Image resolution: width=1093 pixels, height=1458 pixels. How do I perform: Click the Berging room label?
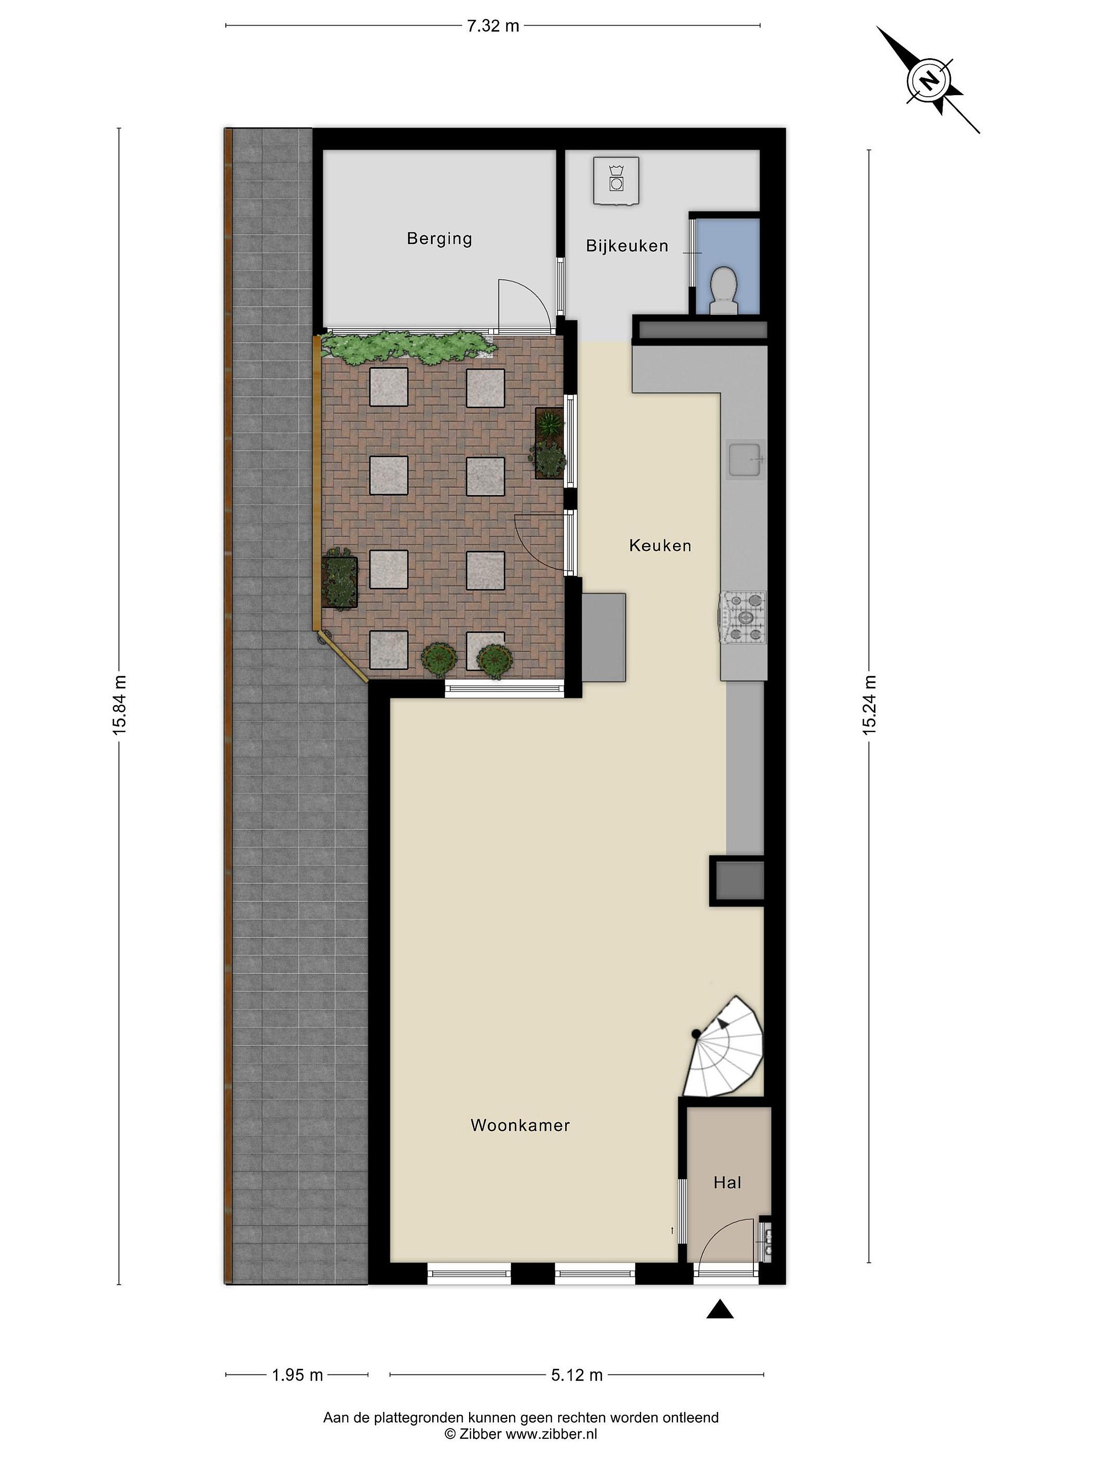click(x=439, y=238)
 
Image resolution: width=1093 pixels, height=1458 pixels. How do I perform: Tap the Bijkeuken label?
click(x=627, y=246)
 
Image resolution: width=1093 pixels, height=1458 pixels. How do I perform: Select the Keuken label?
click(x=660, y=545)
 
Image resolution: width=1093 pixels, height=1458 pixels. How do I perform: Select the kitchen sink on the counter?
click(x=746, y=459)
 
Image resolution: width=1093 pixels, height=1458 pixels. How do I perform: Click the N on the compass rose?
click(x=929, y=80)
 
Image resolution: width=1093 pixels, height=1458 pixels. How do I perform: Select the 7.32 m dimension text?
click(x=493, y=26)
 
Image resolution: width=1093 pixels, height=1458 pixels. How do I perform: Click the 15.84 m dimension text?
click(x=119, y=705)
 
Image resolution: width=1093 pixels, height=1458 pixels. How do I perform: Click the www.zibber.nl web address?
click(x=551, y=1435)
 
